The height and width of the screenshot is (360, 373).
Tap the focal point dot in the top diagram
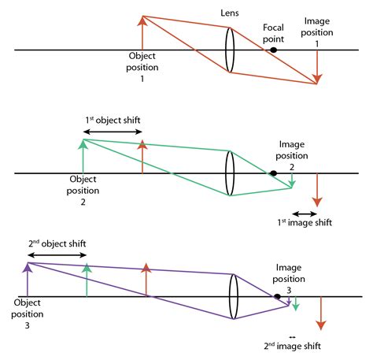(273, 50)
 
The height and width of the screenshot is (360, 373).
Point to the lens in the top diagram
(230, 50)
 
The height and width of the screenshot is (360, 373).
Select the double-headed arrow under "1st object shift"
(112, 131)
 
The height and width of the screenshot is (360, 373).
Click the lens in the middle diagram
(230, 173)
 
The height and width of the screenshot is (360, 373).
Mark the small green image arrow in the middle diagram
(292, 180)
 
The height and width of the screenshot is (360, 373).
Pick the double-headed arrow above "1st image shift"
(304, 213)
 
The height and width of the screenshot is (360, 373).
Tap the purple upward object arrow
(28, 280)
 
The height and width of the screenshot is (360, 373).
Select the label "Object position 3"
(26, 313)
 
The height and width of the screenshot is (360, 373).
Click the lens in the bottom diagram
(234, 296)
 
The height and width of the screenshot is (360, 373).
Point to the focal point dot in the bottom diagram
(276, 297)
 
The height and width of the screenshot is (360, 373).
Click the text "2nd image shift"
(293, 346)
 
